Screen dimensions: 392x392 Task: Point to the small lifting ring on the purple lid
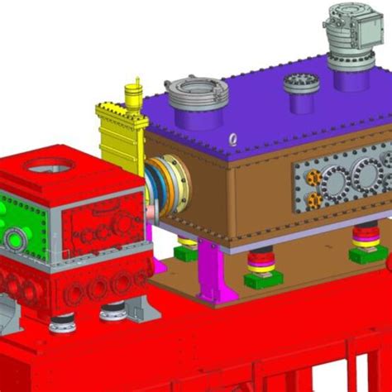[x=234, y=140]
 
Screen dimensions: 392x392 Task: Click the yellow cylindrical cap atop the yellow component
[x=131, y=90]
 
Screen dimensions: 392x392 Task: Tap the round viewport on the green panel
[x=15, y=241]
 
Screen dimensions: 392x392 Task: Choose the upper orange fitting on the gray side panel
[x=311, y=177]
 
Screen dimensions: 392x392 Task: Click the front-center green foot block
[x=263, y=280]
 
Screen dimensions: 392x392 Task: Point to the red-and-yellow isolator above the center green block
[x=263, y=260]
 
